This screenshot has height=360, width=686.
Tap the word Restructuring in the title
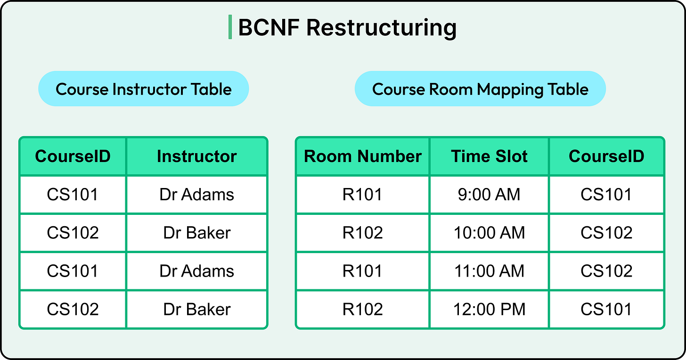coord(381,28)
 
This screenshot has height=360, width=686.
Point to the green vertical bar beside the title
coord(230,27)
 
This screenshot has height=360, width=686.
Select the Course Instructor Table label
coord(143,89)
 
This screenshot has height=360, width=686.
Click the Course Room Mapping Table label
coord(480,89)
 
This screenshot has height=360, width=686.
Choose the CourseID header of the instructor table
coord(73,156)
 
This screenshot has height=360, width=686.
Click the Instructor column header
coord(196,156)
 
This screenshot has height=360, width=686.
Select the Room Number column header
coord(363,156)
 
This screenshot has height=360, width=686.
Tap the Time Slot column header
coord(489,156)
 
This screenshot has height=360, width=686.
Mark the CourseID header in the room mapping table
coord(606,156)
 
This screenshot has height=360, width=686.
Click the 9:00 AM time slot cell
coord(489,195)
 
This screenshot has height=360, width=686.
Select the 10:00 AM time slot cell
coord(489,233)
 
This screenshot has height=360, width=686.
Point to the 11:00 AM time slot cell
coord(489,271)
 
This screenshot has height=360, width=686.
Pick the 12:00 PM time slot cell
coord(489,309)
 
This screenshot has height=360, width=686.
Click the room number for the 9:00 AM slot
coord(363,195)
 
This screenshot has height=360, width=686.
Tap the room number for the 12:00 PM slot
coord(363,309)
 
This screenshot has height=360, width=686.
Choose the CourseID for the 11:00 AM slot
coord(606,271)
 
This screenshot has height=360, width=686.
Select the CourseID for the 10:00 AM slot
coord(606,233)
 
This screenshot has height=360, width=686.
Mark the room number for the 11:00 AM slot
coord(363,271)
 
